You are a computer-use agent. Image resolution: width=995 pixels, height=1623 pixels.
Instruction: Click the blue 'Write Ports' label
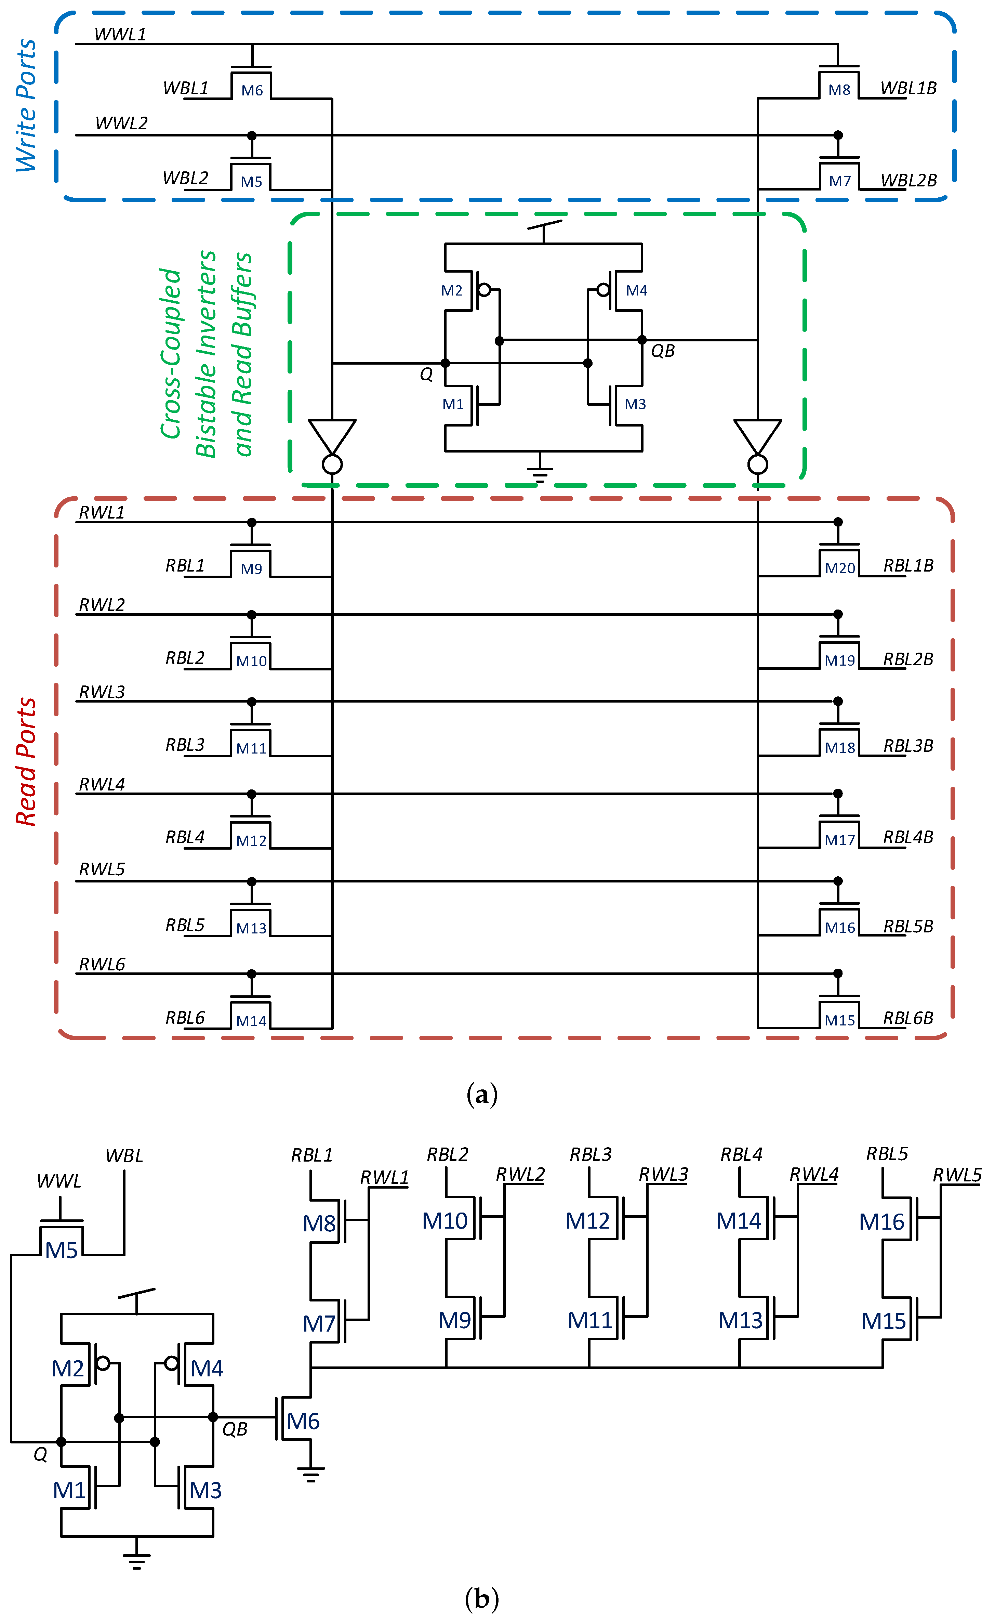click(26, 105)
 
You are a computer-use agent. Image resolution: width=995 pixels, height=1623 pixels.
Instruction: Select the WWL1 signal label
click(120, 34)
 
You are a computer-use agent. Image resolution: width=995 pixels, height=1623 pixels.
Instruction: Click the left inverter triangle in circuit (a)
click(333, 436)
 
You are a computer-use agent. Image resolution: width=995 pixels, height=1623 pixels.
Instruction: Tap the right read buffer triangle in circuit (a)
click(758, 436)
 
